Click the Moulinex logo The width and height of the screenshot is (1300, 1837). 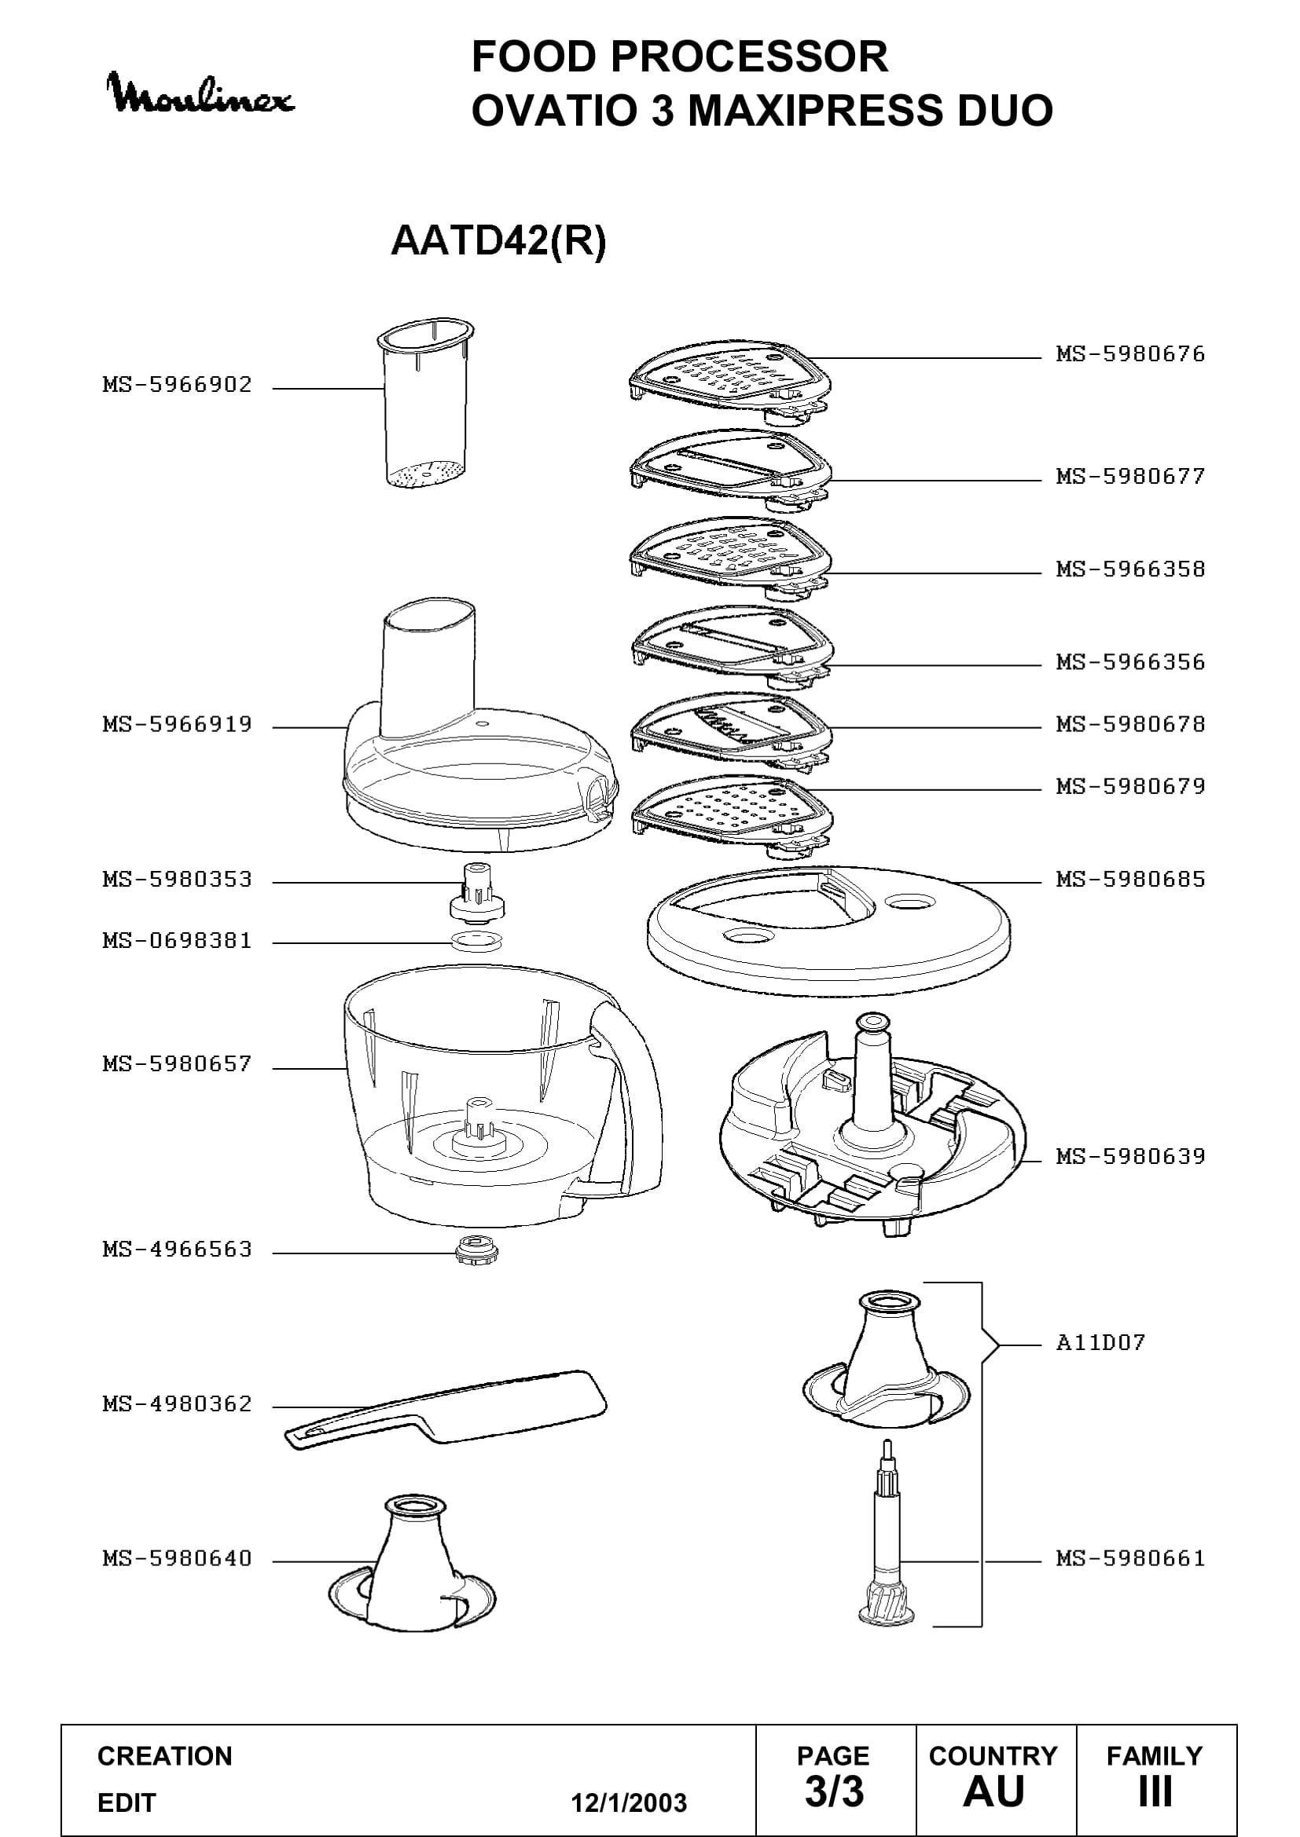point(201,94)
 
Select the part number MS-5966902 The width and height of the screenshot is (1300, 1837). point(177,385)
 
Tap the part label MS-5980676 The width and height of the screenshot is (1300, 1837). point(1130,354)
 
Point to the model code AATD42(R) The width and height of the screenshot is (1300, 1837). point(498,240)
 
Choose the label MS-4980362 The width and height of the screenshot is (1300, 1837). point(177,1404)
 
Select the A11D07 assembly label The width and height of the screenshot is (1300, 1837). point(1100,1341)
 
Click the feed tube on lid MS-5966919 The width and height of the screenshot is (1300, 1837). point(428,668)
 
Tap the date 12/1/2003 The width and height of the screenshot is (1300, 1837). point(629,1803)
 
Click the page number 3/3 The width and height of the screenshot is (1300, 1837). point(834,1792)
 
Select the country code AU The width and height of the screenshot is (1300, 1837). point(994,1792)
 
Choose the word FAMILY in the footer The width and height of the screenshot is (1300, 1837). point(1155,1756)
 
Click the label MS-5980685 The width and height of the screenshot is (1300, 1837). point(1130,880)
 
